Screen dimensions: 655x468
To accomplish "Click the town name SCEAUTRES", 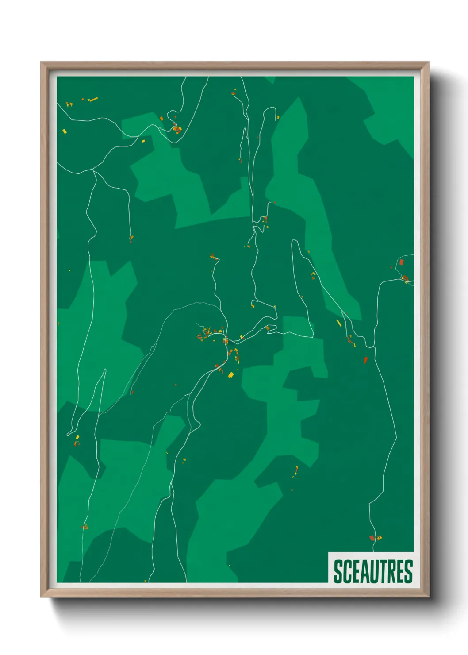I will coord(373,571).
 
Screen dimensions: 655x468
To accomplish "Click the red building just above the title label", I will coord(372,538).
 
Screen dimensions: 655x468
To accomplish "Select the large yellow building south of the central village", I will coord(230,375).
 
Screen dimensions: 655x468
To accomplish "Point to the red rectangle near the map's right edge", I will coord(402,262).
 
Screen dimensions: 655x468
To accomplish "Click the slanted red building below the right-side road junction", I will coord(365,360).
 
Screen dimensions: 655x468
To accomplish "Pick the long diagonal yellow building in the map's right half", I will coord(339,323).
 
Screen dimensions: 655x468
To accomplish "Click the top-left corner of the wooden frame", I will coord(41,62).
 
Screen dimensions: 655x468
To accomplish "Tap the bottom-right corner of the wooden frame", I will coord(429,597).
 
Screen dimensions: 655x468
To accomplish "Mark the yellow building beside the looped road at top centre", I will coord(278,117).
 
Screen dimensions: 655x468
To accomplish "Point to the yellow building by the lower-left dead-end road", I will coord(77,437).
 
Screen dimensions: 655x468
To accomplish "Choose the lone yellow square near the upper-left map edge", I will coord(65,131).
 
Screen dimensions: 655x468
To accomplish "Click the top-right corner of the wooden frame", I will coord(429,62).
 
